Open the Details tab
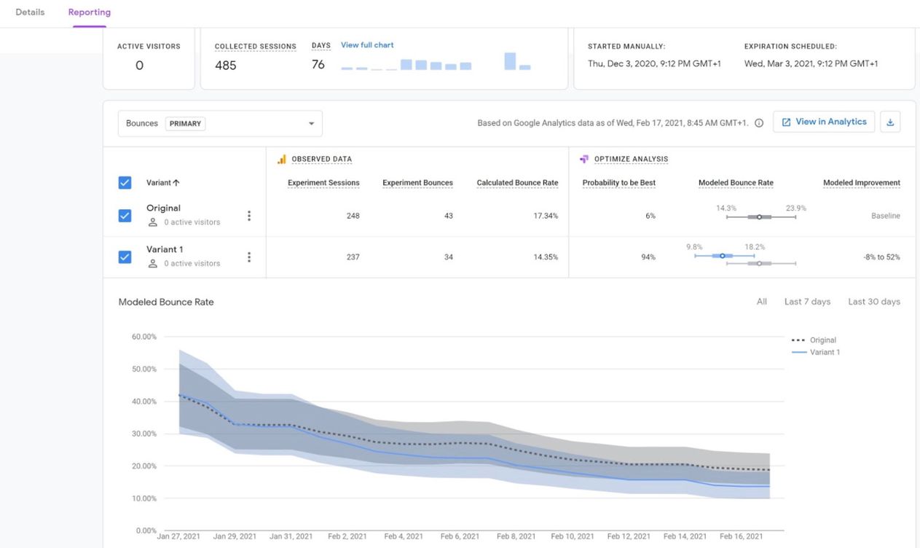tap(30, 12)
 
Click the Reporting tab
tap(90, 12)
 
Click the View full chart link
tap(367, 45)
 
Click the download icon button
tap(890, 122)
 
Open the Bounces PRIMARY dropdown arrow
tap(311, 123)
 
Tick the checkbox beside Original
tap(125, 216)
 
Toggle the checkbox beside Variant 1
tap(125, 257)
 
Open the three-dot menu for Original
tap(249, 216)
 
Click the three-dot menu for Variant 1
tap(249, 257)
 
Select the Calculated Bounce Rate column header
tap(517, 183)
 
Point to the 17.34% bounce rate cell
tap(546, 216)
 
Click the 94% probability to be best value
tap(648, 257)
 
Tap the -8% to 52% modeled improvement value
tap(881, 257)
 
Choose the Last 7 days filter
tap(807, 302)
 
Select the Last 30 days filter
tap(874, 302)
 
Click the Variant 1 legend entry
tap(816, 353)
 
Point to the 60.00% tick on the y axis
tap(143, 337)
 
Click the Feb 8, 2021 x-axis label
tap(516, 536)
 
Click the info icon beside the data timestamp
tap(758, 123)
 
